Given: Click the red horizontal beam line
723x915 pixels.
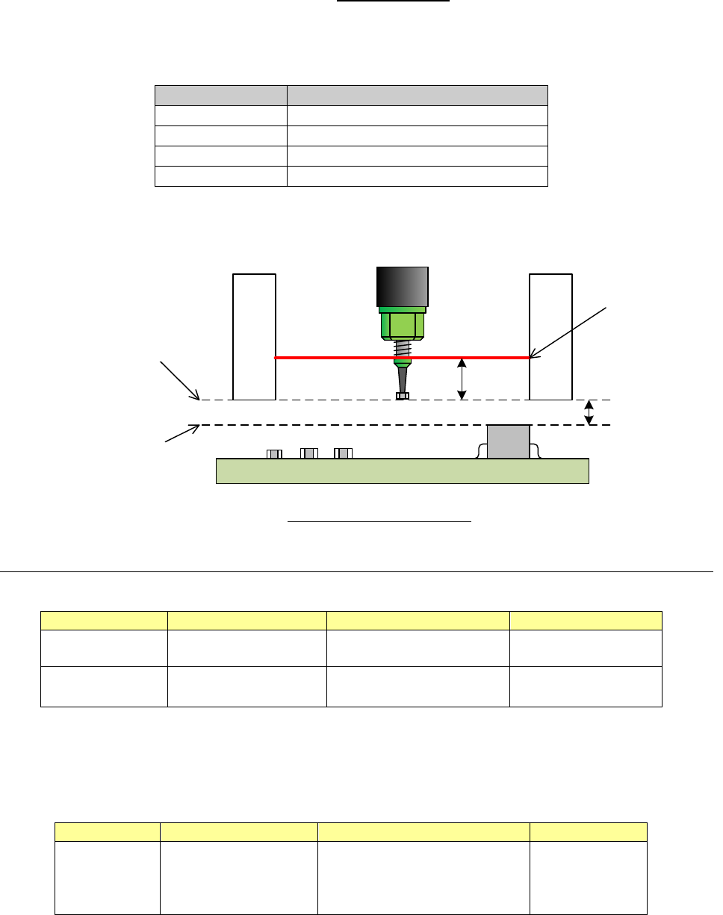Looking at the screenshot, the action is [336, 358].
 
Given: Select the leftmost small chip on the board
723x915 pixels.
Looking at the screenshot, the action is [274, 453].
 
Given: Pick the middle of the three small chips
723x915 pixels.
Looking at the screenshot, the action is [308, 453].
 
